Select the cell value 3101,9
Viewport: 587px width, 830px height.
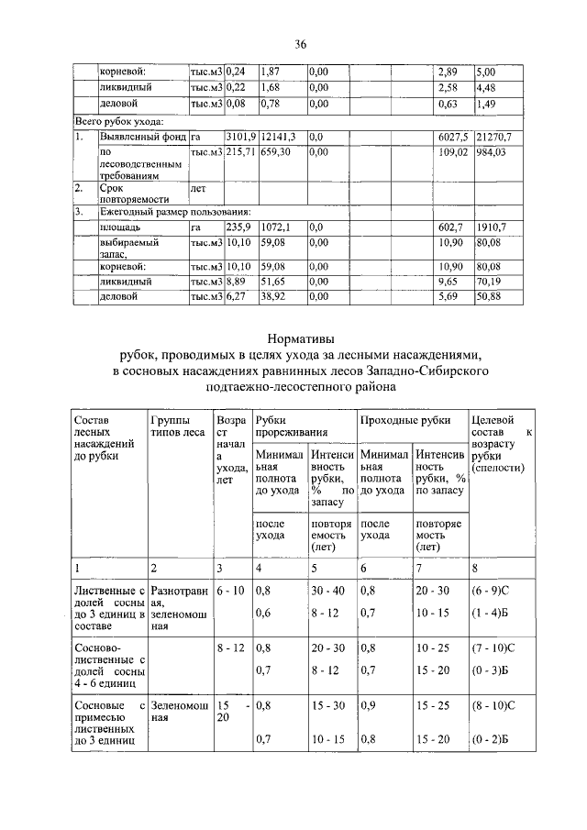[239, 137]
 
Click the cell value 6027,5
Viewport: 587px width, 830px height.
[453, 137]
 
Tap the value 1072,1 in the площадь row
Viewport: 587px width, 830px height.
[275, 226]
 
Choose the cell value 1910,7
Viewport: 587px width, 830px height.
[492, 226]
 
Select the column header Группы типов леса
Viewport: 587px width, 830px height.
[177, 426]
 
